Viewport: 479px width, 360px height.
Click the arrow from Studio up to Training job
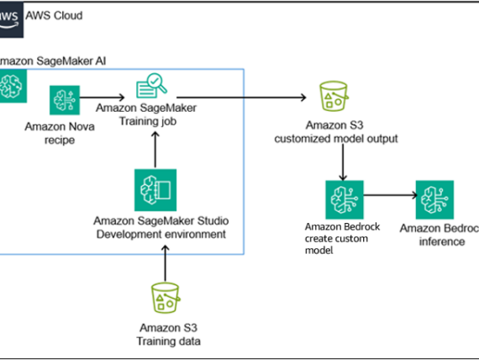[x=154, y=146]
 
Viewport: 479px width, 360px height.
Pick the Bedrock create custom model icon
[x=343, y=199]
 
